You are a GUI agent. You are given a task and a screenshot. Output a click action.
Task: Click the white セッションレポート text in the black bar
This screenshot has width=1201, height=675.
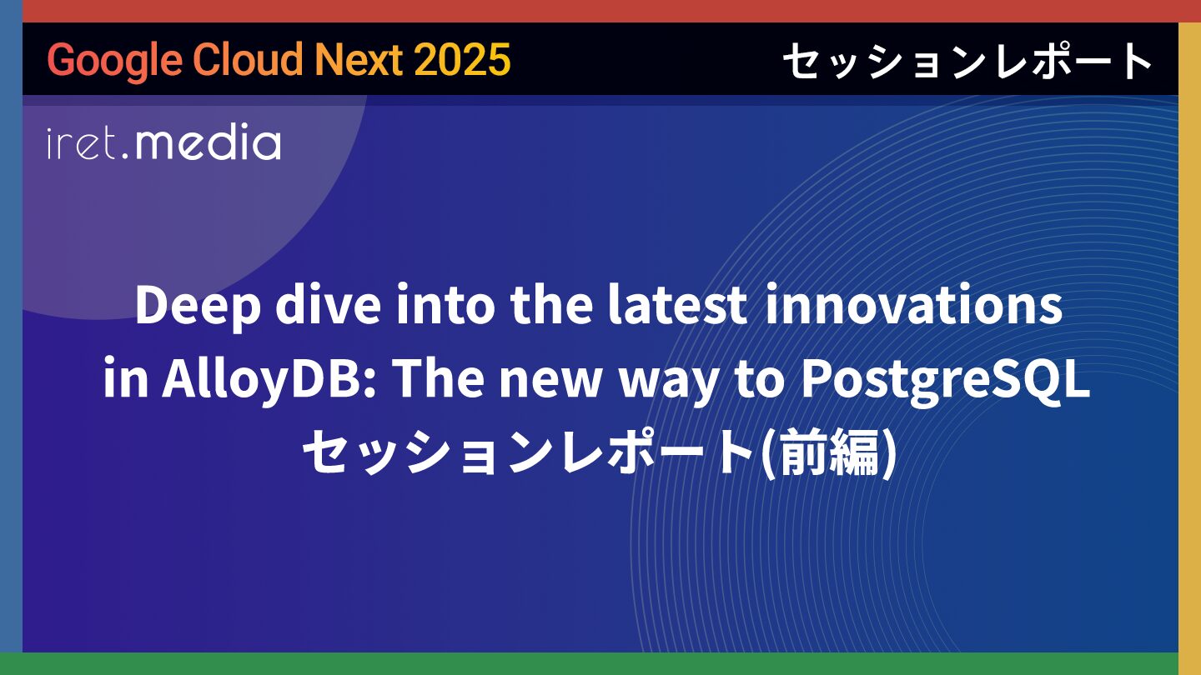967,60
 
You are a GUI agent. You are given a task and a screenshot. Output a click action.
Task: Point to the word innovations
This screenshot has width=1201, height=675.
913,304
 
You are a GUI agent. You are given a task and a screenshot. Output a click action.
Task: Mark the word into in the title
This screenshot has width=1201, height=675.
445,305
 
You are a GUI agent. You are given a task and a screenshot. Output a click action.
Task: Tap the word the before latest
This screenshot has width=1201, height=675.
551,304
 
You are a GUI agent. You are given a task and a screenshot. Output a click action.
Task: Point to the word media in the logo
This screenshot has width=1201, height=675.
208,142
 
